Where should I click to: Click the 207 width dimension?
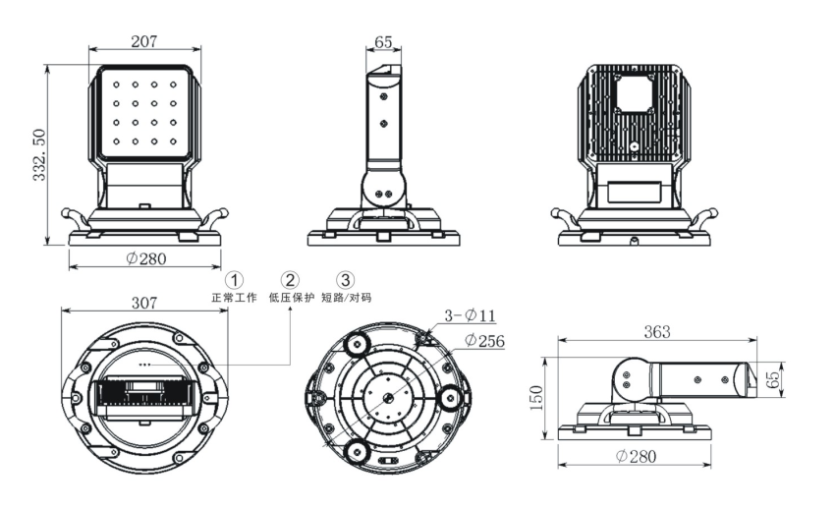[x=143, y=41]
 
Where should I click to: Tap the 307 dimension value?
[x=144, y=304]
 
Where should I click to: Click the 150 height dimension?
[x=536, y=399]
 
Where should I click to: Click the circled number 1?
[x=234, y=280]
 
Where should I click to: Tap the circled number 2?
[x=290, y=280]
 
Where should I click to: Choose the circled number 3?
[x=345, y=280]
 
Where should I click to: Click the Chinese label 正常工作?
[x=234, y=297]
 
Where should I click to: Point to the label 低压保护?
[x=291, y=297]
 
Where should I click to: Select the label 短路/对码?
[x=346, y=297]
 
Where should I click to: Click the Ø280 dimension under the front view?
[x=145, y=259]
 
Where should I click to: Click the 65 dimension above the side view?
[x=383, y=41]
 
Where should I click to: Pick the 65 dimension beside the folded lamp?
[x=776, y=376]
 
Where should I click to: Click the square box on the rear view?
[x=633, y=96]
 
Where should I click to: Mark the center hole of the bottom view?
[x=390, y=397]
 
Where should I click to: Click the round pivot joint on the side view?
[x=383, y=187]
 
